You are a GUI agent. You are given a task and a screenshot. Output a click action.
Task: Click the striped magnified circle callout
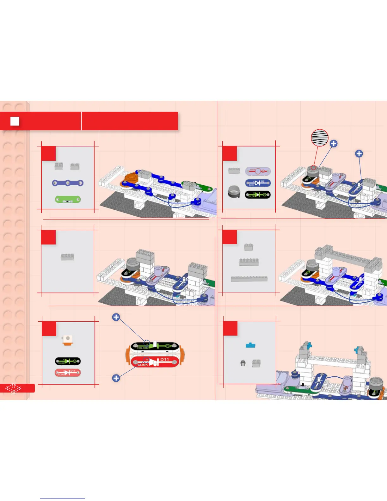click(x=320, y=138)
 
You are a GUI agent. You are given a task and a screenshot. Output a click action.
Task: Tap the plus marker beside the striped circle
click(x=334, y=144)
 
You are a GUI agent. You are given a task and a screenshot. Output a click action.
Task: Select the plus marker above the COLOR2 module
click(x=116, y=317)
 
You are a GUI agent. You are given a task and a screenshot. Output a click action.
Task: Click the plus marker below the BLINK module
click(x=116, y=378)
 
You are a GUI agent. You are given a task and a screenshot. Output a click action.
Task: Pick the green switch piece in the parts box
click(x=68, y=200)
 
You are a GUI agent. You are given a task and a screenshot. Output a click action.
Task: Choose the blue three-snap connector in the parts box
click(x=68, y=183)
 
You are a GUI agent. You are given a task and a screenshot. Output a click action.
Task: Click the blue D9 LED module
click(x=258, y=183)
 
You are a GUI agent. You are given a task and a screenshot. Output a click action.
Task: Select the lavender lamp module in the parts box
click(x=258, y=171)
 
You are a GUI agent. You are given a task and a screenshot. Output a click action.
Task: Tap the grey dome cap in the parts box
click(x=234, y=192)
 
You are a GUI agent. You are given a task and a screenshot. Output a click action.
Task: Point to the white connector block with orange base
click(x=67, y=340)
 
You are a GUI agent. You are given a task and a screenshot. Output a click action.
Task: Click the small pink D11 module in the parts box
click(x=68, y=373)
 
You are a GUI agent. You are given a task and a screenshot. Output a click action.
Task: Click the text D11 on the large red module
click(x=164, y=360)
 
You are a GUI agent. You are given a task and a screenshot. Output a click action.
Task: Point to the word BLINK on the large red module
click(x=143, y=365)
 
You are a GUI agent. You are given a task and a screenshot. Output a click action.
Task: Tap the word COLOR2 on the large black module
click(x=143, y=348)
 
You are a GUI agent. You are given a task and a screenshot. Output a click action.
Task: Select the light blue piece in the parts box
click(x=250, y=345)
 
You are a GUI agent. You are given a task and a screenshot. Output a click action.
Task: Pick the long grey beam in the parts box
click(x=249, y=279)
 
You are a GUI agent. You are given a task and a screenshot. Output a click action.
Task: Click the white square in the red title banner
click(x=15, y=121)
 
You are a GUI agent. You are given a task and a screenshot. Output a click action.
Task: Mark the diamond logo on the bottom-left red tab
click(x=13, y=388)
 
